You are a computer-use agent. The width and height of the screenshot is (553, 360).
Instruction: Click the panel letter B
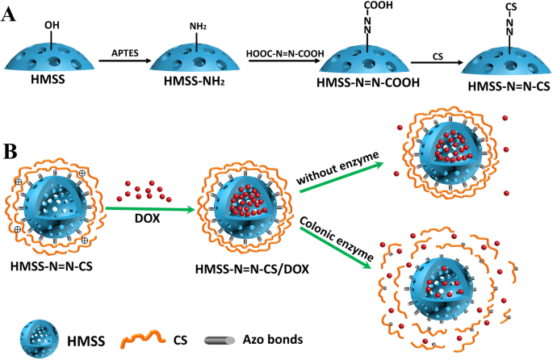click(10, 150)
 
